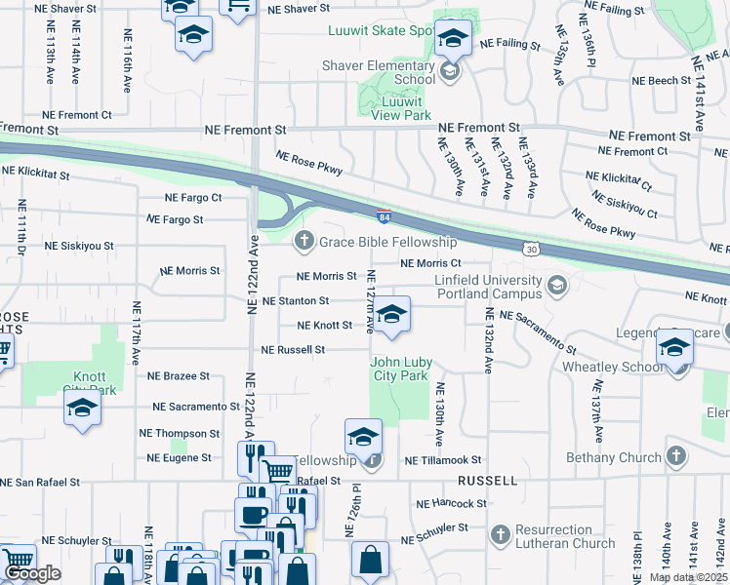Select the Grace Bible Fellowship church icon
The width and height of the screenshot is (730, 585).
304,241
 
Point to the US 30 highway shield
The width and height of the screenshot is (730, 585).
530,251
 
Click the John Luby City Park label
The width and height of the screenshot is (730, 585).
399,369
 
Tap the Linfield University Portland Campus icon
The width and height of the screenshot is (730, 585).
557,286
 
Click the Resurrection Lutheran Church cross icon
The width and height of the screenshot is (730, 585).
500,534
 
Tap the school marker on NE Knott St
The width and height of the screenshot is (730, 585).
391,316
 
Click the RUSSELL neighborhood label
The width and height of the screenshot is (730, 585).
488,482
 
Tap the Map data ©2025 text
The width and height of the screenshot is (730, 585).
688,577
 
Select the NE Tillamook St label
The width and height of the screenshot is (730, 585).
443,460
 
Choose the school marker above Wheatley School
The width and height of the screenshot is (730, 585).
674,347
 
